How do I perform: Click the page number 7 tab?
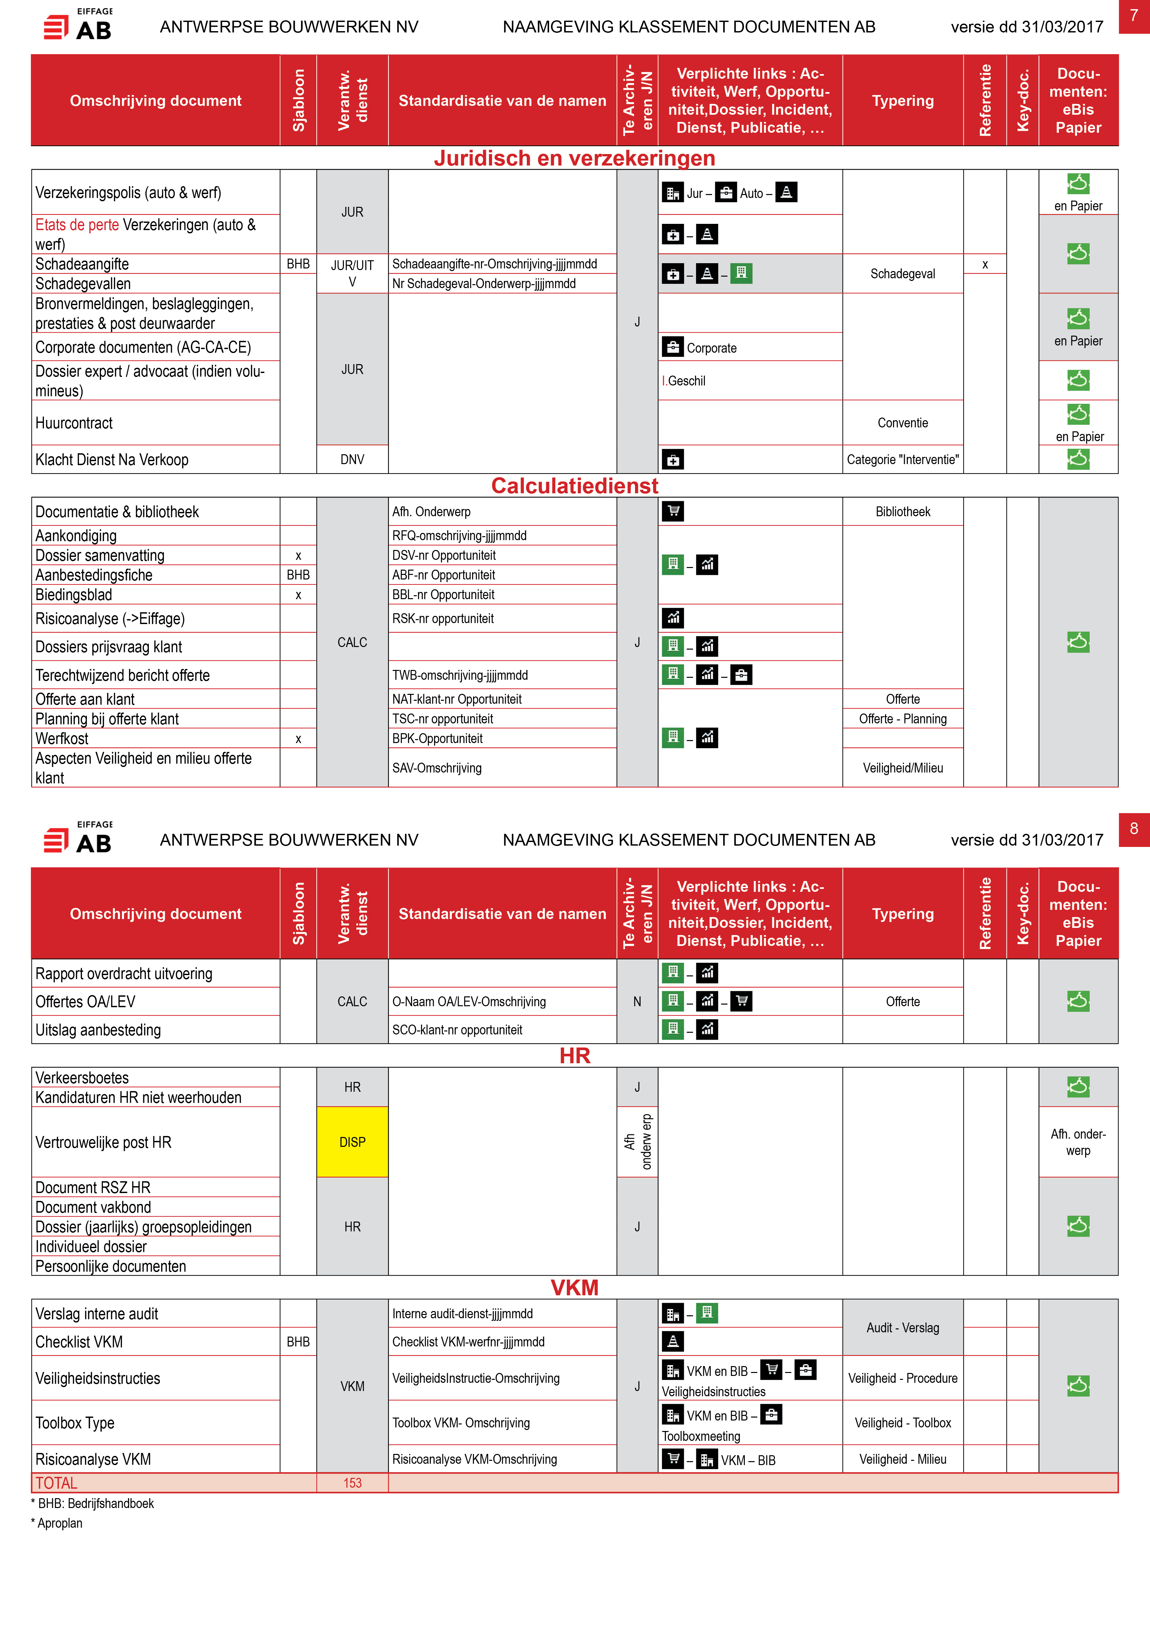click(x=1134, y=16)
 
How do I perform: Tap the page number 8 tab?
click(x=1134, y=829)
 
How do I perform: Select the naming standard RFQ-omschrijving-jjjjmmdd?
click(x=460, y=536)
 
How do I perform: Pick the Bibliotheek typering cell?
click(x=903, y=511)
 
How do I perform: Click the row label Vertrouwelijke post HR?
click(x=103, y=1142)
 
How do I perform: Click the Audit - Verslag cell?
click(x=903, y=1328)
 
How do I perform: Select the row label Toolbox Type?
click(x=75, y=1423)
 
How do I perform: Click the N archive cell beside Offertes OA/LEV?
click(x=637, y=1001)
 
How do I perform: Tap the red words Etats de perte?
click(x=77, y=225)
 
